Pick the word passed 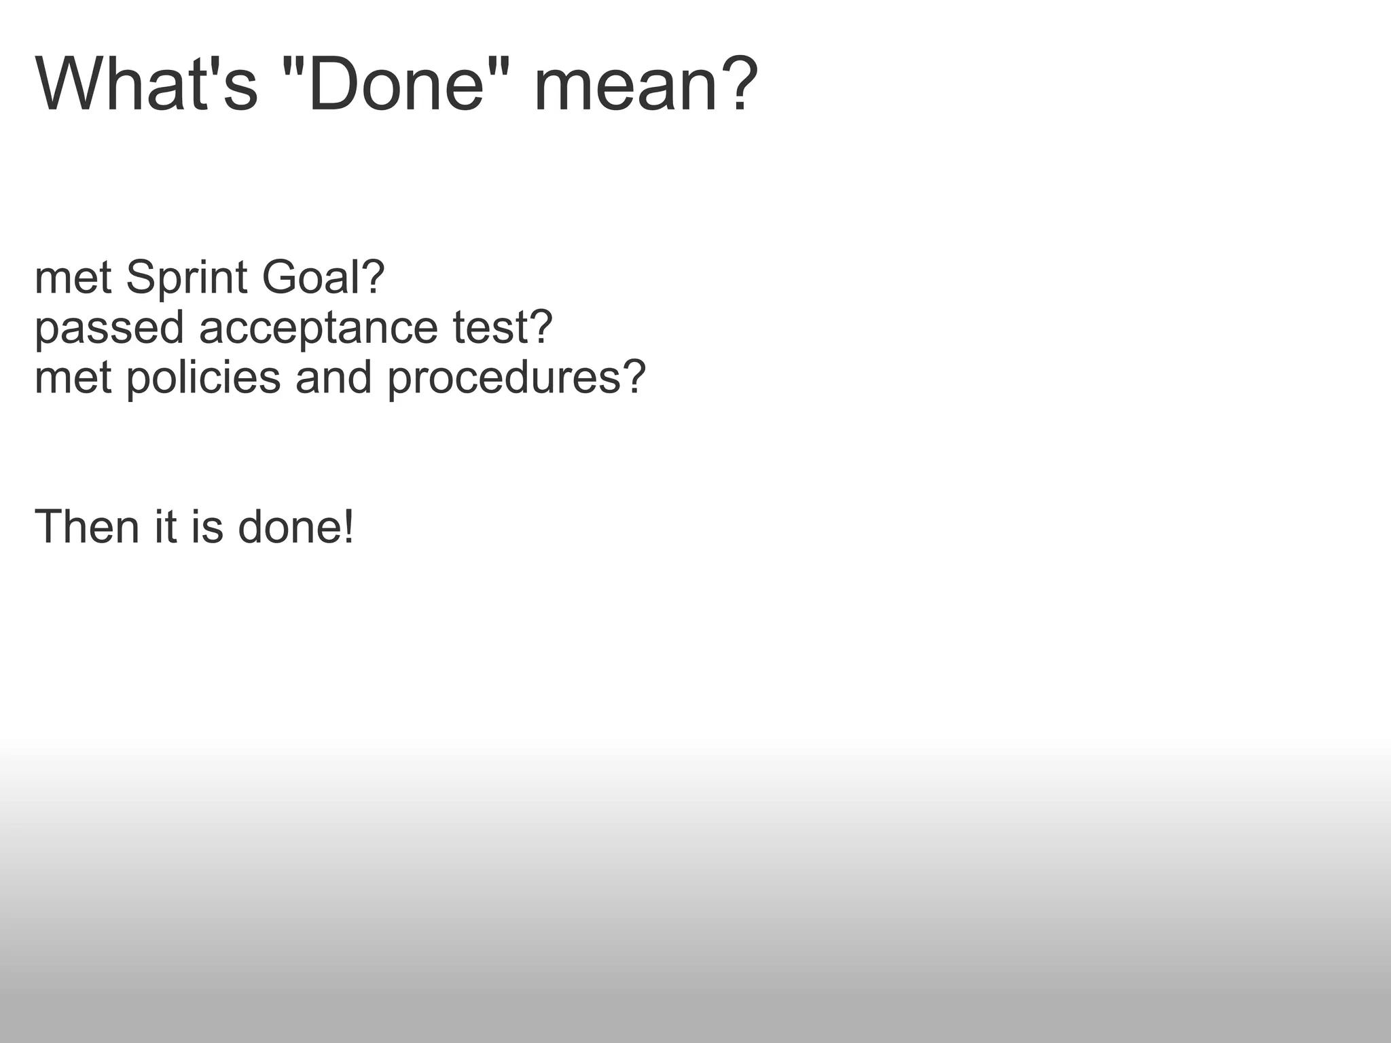coord(109,328)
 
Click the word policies coord(203,378)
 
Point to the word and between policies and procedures coord(333,378)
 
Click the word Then coord(86,527)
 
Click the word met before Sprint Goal coord(73,278)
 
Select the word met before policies coord(73,378)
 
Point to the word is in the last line coord(206,527)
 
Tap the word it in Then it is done coord(165,527)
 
